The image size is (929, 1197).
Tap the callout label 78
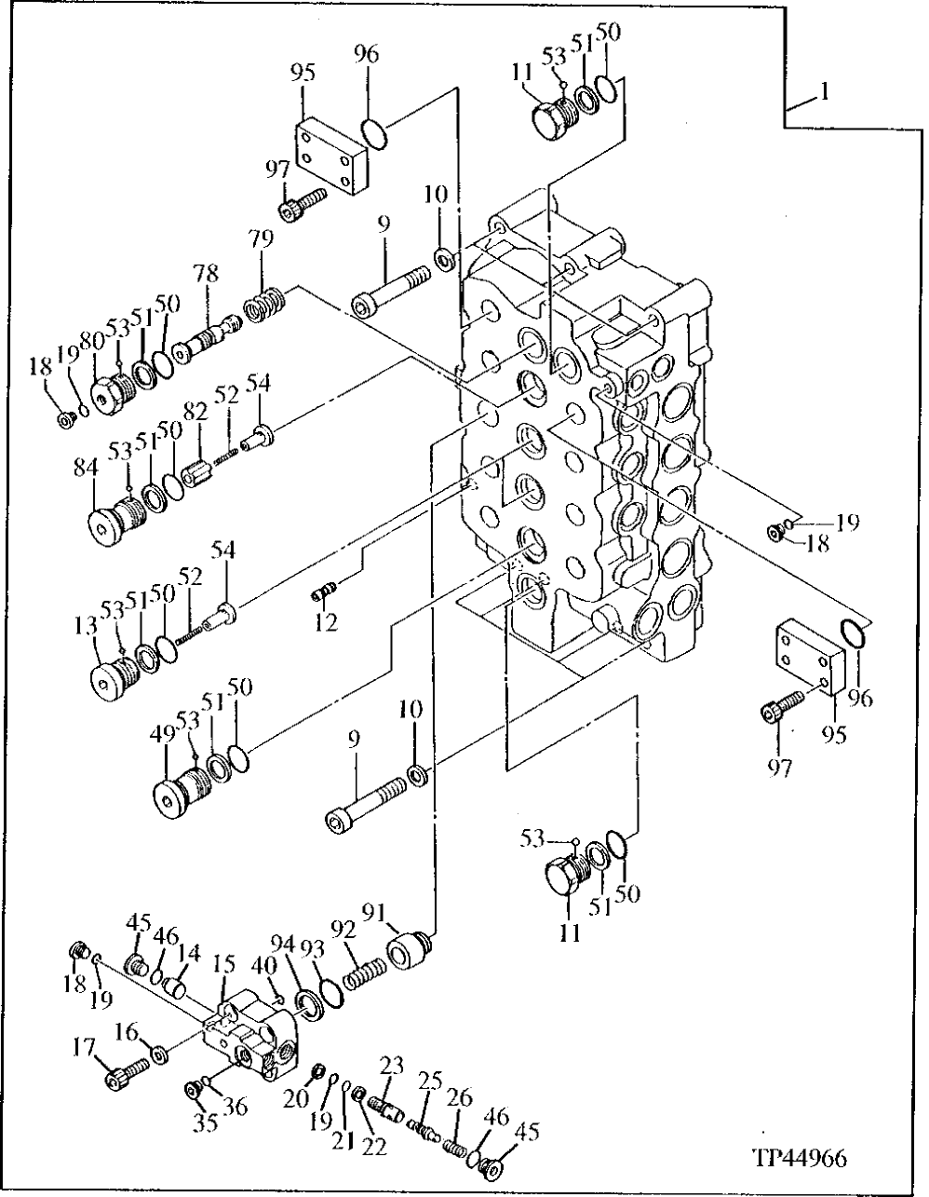pyautogui.click(x=206, y=274)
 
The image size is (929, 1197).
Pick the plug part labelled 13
pyautogui.click(x=114, y=676)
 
